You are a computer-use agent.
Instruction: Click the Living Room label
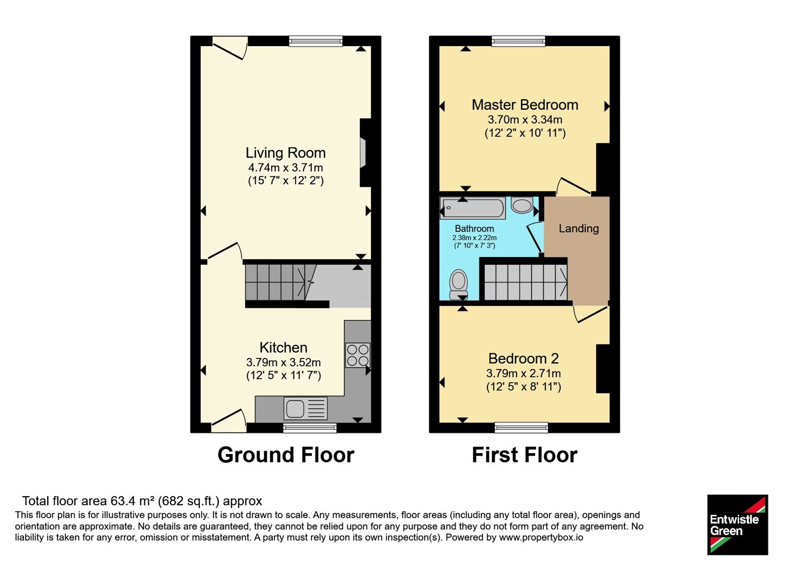pyautogui.click(x=286, y=152)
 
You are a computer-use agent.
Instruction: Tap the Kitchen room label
pyautogui.click(x=283, y=347)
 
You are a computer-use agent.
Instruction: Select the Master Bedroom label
pyautogui.click(x=525, y=105)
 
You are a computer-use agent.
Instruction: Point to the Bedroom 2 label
pyautogui.click(x=523, y=358)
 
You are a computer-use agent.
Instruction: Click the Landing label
pyautogui.click(x=579, y=228)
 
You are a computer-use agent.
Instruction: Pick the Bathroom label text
pyautogui.click(x=474, y=228)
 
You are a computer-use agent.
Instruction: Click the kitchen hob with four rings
pyautogui.click(x=357, y=355)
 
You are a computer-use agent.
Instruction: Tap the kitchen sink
pyautogui.click(x=306, y=409)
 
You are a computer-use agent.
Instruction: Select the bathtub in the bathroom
pyautogui.click(x=473, y=208)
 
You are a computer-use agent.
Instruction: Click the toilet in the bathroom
pyautogui.click(x=459, y=284)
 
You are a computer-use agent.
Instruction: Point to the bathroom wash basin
pyautogui.click(x=522, y=206)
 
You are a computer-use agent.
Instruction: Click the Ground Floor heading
pyautogui.click(x=286, y=455)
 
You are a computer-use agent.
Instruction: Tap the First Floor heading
pyautogui.click(x=524, y=455)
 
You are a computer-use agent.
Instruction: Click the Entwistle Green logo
pyautogui.click(x=738, y=524)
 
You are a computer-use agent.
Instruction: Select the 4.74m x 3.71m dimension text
pyautogui.click(x=286, y=168)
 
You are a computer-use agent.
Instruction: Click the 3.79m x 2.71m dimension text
pyautogui.click(x=523, y=373)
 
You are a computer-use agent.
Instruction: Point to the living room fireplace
pyautogui.click(x=365, y=152)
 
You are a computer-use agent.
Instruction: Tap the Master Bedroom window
pyautogui.click(x=518, y=41)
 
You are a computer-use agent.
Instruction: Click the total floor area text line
pyautogui.click(x=142, y=501)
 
